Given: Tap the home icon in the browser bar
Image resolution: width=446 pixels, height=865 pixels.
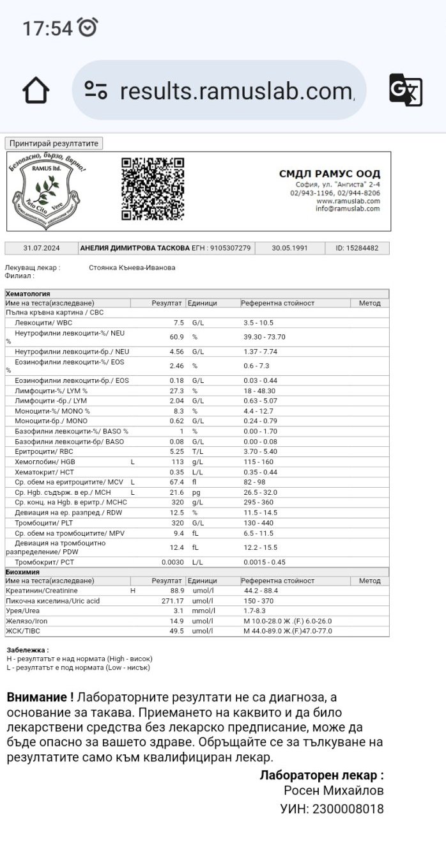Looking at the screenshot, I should (x=36, y=90).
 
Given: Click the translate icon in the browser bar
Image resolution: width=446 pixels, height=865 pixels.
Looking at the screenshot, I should (x=405, y=90).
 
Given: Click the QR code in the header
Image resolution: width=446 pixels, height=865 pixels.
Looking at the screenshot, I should (x=153, y=189).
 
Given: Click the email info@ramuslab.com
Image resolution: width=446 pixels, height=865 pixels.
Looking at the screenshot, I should (x=348, y=208).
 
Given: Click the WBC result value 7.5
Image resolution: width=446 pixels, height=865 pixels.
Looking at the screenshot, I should (x=178, y=323).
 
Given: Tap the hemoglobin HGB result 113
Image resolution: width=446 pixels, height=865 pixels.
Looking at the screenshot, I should (x=177, y=462).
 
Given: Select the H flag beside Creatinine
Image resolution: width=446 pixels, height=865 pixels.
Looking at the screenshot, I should (x=133, y=591).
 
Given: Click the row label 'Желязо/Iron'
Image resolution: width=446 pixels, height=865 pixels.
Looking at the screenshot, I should (x=26, y=621).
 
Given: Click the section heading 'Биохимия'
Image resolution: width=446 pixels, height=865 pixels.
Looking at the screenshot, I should (x=22, y=572).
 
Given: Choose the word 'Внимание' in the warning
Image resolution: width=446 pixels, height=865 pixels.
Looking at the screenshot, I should (x=36, y=696).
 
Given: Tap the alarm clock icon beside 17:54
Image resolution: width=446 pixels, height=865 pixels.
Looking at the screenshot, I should (x=88, y=27).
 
